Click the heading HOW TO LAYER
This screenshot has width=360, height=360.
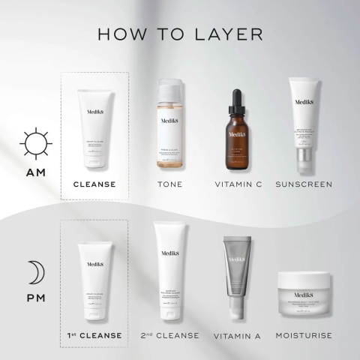pos(179,34)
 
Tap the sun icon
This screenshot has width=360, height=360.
pos(37,142)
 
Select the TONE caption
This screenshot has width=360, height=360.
pos(169,184)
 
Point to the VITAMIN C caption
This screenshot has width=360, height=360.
pos(238,184)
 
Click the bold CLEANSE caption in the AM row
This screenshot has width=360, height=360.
pos(94,184)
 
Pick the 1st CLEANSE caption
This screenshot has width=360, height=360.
pos(94,334)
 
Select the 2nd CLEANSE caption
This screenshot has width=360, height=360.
pos(170,334)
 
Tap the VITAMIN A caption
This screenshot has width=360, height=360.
pos(237,335)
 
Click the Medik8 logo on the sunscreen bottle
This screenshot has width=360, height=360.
pos(306,104)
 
